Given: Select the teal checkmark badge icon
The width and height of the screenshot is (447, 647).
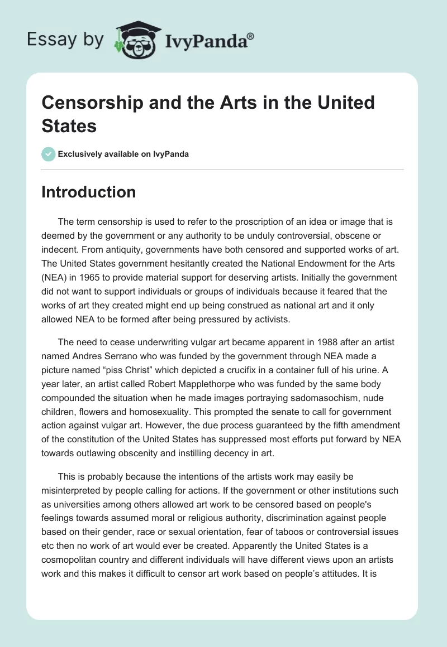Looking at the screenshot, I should click(48, 154).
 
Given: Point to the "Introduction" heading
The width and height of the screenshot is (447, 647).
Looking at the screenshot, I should click(89, 192).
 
